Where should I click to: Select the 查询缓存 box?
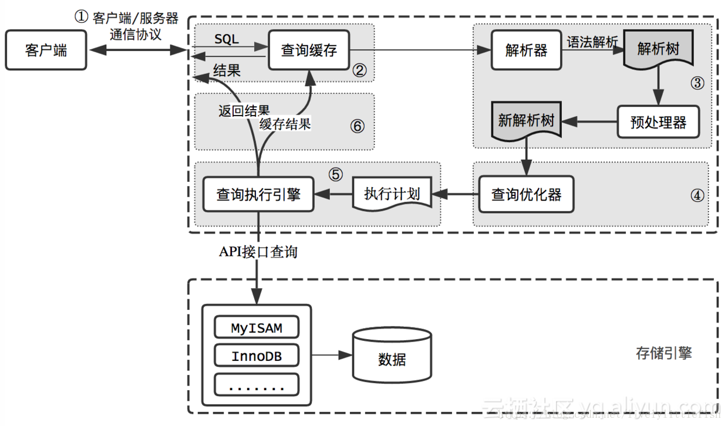pos(309,50)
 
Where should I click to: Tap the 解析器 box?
pos(526,50)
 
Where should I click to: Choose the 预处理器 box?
pos(658,122)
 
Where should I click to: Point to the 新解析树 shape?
pos(526,122)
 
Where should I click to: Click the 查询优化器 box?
pos(526,194)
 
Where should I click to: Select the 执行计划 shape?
pos(392,194)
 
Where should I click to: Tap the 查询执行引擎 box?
pos(258,194)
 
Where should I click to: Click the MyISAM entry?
pos(257,328)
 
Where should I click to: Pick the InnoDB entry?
pos(257,356)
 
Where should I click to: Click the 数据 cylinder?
pos(392,358)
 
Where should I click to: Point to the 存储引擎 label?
pos(663,353)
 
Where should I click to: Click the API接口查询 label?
pos(258,252)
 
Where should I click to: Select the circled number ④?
pos(697,195)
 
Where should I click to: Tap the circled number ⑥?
pos(357,126)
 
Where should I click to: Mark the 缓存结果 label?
pos(285,124)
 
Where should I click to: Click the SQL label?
pos(227,39)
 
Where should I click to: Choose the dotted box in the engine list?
pos(257,385)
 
